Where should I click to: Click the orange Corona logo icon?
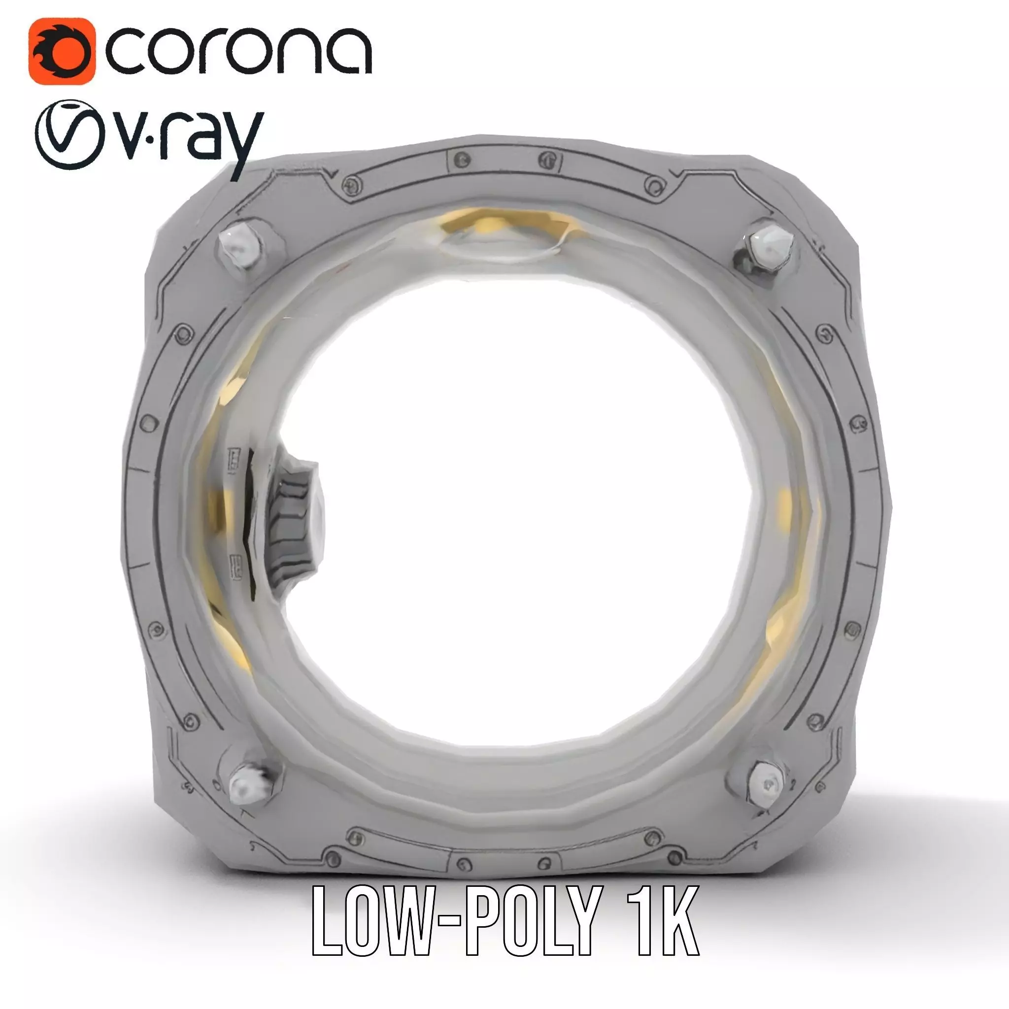tap(62, 51)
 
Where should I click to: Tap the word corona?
tap(238, 52)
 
